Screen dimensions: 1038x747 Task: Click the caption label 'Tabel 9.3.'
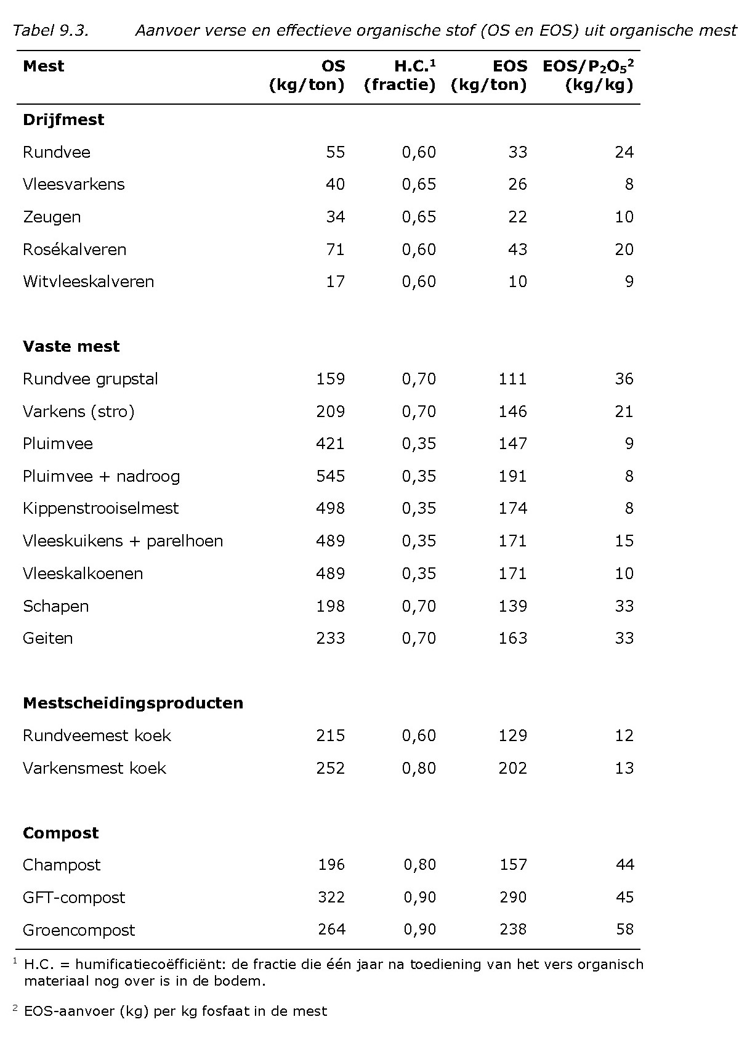click(51, 30)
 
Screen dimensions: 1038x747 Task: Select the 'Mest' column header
click(43, 66)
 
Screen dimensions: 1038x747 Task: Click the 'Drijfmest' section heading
click(63, 120)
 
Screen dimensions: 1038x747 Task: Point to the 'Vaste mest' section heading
click(71, 346)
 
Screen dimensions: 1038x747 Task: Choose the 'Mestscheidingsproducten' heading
click(133, 703)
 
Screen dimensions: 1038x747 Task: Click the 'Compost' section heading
click(60, 833)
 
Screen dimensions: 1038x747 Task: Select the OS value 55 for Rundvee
click(335, 152)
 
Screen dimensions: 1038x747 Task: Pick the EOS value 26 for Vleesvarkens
click(517, 184)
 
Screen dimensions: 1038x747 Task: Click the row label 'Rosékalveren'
click(75, 249)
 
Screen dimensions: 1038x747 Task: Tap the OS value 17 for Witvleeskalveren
click(335, 282)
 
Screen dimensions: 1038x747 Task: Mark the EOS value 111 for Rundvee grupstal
click(512, 379)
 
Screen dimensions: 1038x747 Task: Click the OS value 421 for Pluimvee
click(330, 444)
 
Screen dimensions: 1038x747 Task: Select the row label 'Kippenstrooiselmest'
click(100, 508)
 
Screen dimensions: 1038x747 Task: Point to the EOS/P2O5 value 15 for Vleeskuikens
click(624, 541)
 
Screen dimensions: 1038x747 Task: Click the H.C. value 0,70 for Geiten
click(419, 638)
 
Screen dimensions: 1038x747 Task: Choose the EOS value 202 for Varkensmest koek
click(512, 768)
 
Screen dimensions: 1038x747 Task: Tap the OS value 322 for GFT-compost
click(331, 898)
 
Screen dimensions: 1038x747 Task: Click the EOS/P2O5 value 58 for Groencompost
click(624, 930)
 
